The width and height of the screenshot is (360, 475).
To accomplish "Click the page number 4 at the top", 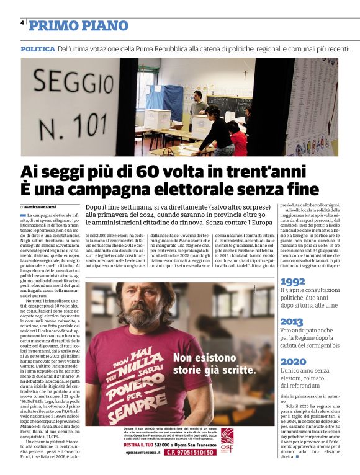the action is pyautogui.click(x=22, y=23).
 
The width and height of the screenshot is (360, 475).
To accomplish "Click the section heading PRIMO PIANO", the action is pyautogui.click(x=78, y=25).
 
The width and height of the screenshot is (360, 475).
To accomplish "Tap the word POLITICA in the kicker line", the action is pyautogui.click(x=37, y=48).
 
